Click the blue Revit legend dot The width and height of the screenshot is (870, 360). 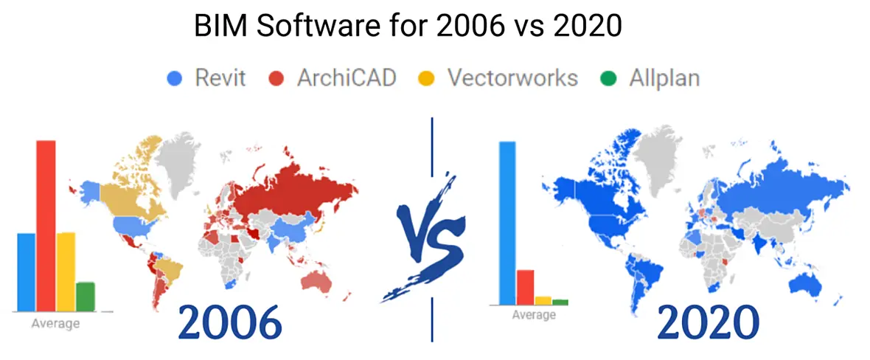[x=175, y=79]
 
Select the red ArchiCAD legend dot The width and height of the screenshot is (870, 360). [x=276, y=79]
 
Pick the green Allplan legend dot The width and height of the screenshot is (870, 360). [x=608, y=79]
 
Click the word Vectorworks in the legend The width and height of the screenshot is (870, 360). [x=512, y=78]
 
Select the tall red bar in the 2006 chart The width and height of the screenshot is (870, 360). [x=46, y=226]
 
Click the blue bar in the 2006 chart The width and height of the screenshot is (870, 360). [x=27, y=272]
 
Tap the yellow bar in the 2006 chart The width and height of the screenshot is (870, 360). [x=66, y=271]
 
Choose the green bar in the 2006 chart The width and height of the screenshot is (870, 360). [x=86, y=297]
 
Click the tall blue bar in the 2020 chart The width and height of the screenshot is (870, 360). [x=507, y=224]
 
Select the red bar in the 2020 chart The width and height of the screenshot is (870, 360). [x=525, y=287]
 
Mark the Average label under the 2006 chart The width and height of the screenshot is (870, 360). [x=55, y=324]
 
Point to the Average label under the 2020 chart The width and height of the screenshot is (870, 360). [x=533, y=316]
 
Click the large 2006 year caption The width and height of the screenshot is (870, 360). [x=230, y=322]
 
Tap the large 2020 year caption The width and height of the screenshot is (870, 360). [x=708, y=322]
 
